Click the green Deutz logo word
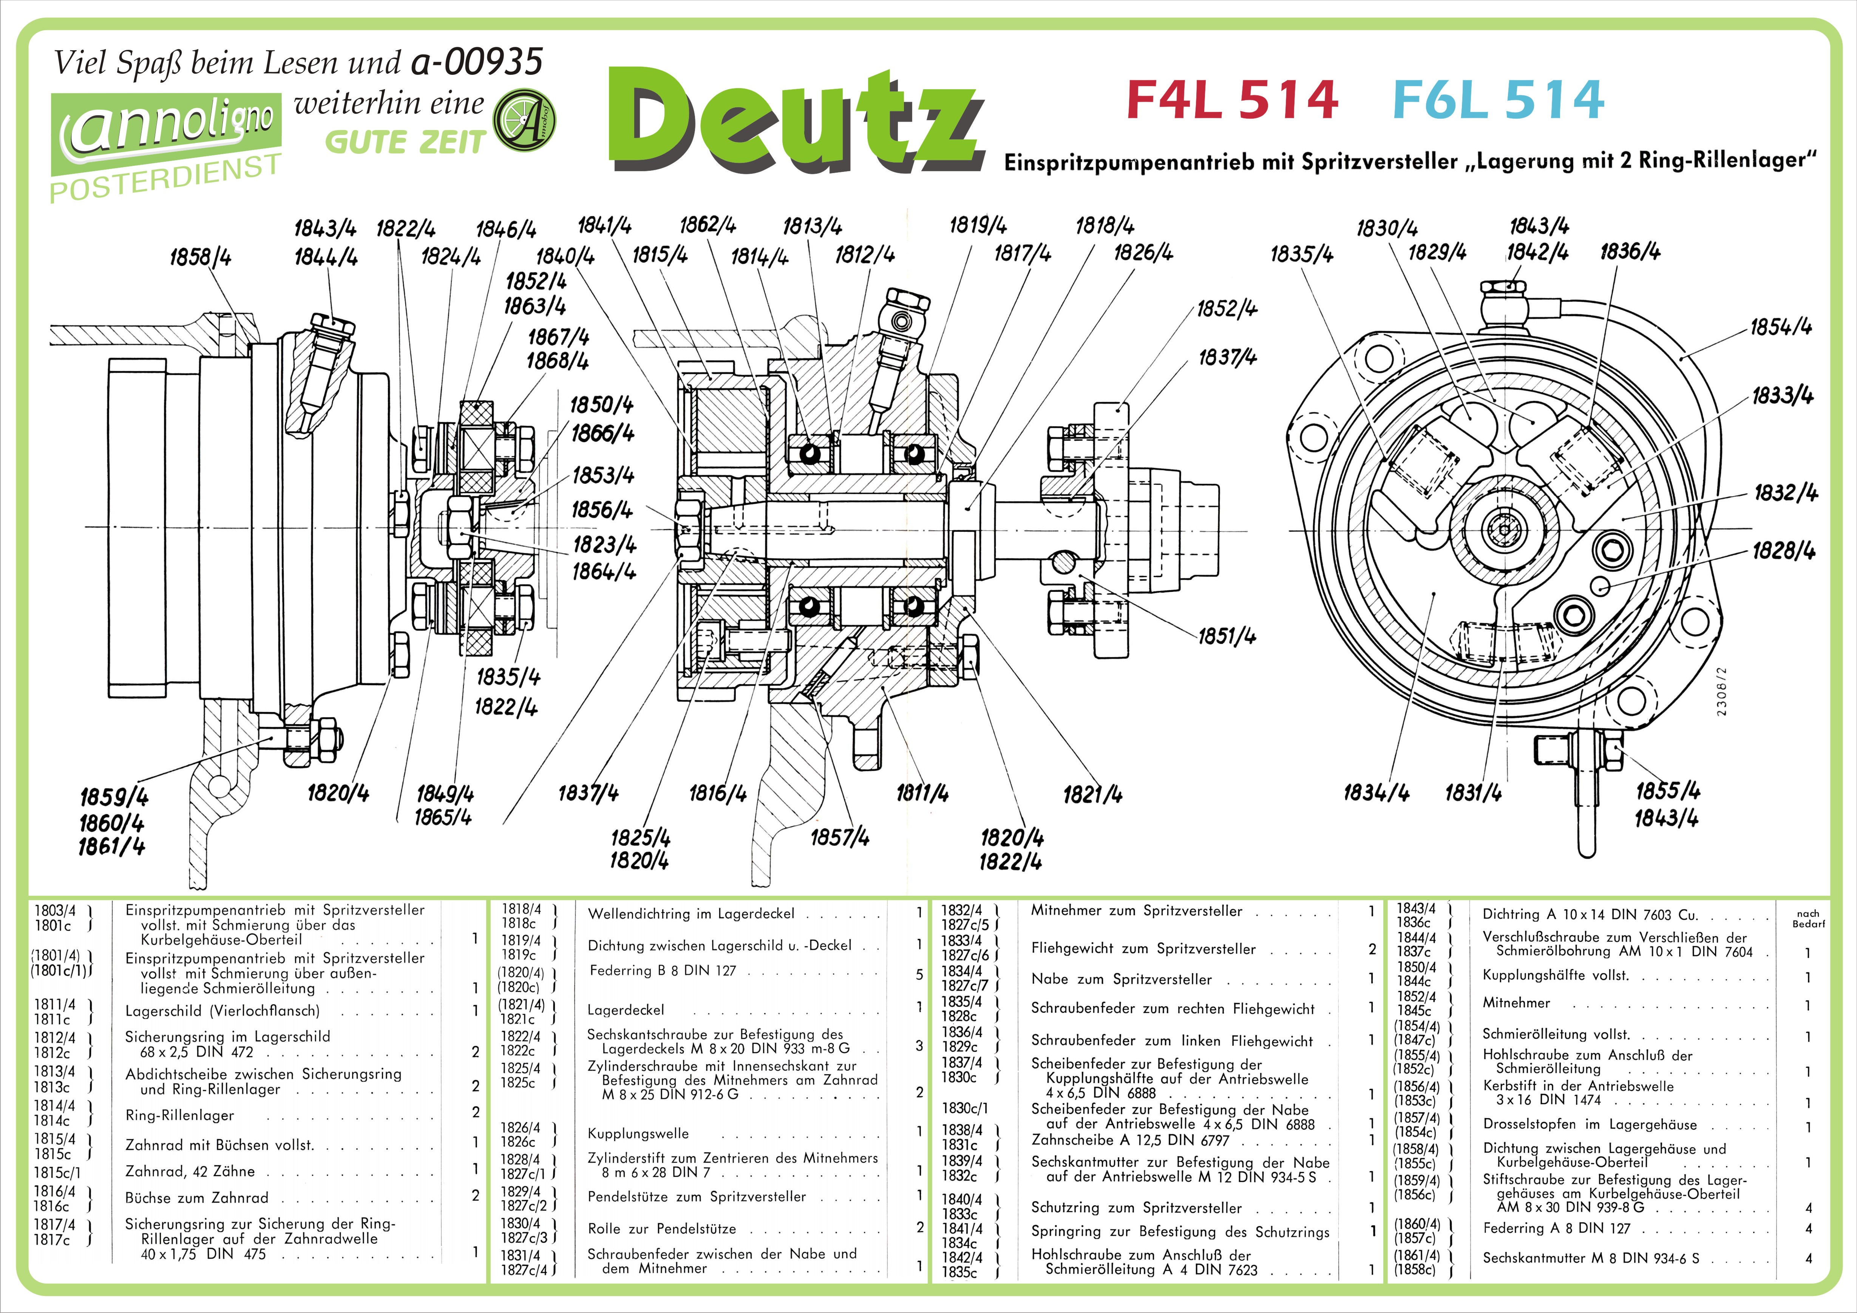[x=797, y=120]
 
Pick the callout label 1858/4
[x=200, y=257]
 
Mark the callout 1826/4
[x=1143, y=252]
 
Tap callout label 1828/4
[x=1783, y=551]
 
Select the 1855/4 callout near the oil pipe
[x=1668, y=790]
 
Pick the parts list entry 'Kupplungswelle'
[x=638, y=1133]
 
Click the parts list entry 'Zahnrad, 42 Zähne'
[x=190, y=1171]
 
